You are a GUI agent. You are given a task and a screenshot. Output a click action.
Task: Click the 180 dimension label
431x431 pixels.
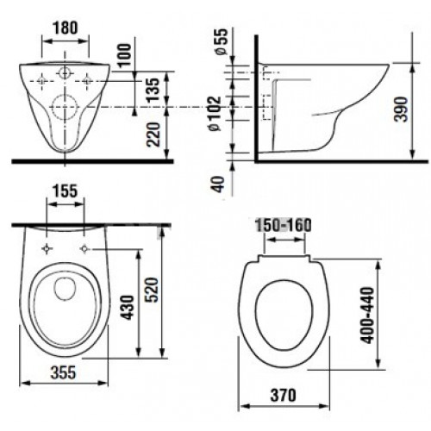[65, 26]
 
